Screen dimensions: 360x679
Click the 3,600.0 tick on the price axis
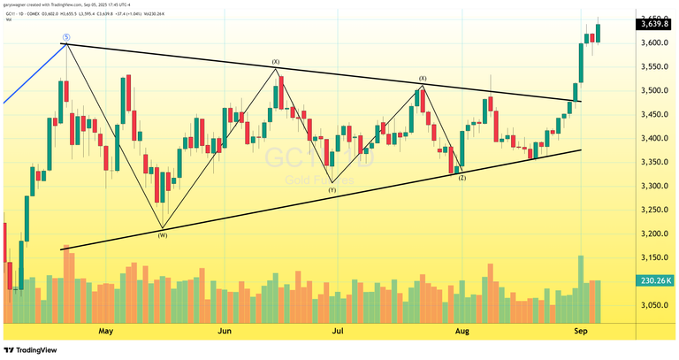pos(652,42)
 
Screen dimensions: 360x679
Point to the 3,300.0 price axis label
pos(652,186)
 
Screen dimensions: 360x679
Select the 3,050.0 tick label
pos(652,305)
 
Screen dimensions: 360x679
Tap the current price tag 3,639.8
pos(653,24)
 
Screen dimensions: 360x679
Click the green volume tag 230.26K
pos(654,280)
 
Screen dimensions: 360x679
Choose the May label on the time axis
pos(106,331)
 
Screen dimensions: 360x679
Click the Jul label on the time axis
pos(338,331)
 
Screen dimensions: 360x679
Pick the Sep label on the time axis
pos(581,331)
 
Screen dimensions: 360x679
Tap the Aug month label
pos(461,331)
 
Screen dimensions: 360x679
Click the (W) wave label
pos(163,234)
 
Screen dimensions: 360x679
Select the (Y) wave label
pos(332,190)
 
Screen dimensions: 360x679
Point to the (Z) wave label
pos(462,178)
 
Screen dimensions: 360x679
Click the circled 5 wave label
pos(65,37)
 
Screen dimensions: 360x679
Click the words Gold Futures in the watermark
pos(319,181)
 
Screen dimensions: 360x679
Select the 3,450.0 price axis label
pos(652,114)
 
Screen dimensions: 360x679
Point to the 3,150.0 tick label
pos(652,257)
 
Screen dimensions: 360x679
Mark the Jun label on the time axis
pos(225,331)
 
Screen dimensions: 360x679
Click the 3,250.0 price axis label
pos(652,210)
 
